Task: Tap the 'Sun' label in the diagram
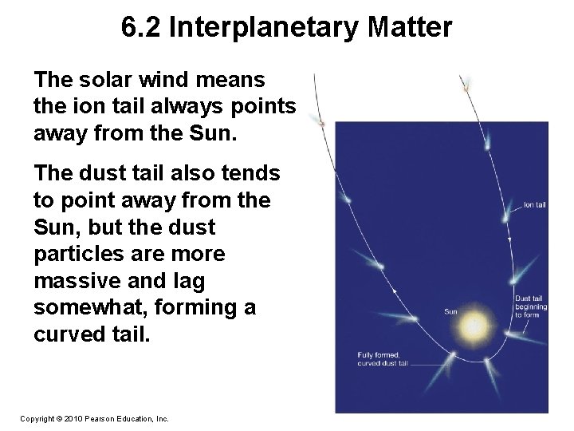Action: (450, 311)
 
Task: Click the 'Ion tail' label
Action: (536, 204)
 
